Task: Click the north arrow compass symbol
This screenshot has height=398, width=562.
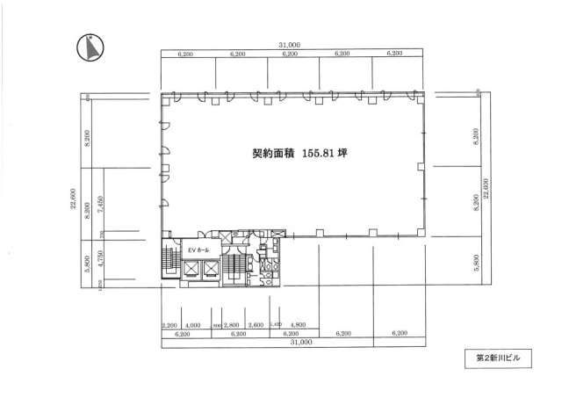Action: point(90,47)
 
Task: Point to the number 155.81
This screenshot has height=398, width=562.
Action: point(321,151)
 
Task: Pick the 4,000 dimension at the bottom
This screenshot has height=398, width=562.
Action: point(194,325)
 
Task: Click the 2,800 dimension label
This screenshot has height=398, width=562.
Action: point(233,325)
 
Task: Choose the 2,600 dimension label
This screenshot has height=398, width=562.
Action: point(256,325)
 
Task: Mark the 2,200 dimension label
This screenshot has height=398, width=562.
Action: point(169,325)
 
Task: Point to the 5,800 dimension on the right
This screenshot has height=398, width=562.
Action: point(476,261)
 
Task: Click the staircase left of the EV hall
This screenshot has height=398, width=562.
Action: point(169,260)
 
